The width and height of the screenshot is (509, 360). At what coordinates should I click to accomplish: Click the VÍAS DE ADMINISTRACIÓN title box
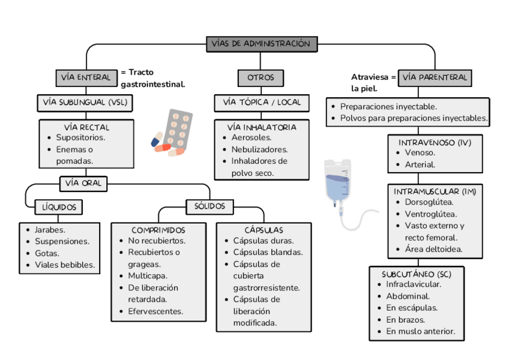pyautogui.click(x=261, y=44)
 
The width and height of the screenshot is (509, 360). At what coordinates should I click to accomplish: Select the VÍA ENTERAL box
pyautogui.click(x=86, y=77)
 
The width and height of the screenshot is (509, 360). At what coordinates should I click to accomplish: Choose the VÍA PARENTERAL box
pyautogui.click(x=435, y=77)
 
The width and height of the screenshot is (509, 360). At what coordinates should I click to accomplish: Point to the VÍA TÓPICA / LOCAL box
pyautogui.click(x=262, y=103)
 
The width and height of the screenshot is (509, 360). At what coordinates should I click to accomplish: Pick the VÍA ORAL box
pyautogui.click(x=83, y=184)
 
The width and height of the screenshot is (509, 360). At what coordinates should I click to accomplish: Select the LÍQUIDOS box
pyautogui.click(x=58, y=207)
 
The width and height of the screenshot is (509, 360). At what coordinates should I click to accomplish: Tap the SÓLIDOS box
pyautogui.click(x=209, y=206)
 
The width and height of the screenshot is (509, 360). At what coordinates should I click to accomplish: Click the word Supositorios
pyautogui.click(x=80, y=137)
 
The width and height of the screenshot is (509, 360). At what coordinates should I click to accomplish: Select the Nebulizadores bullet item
pyautogui.click(x=259, y=149)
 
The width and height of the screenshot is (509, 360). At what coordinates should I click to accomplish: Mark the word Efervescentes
pyautogui.click(x=155, y=311)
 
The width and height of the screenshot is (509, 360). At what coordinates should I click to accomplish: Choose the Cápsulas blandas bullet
pyautogui.click(x=268, y=253)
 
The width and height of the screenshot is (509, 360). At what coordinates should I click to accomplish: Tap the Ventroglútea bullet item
pyautogui.click(x=430, y=214)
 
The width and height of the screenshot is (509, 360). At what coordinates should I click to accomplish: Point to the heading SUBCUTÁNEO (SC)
pyautogui.click(x=416, y=274)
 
